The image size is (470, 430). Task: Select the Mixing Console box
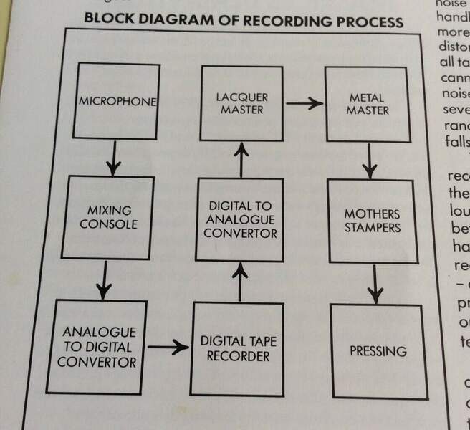click(x=108, y=217)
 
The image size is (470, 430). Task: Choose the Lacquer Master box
click(x=242, y=102)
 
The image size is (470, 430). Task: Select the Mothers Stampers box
click(x=371, y=221)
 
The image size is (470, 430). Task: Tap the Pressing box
click(x=378, y=351)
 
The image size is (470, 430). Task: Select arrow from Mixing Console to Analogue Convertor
click(x=105, y=280)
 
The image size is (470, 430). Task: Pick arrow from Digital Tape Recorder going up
click(x=241, y=280)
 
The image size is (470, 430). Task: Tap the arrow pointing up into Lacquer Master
click(x=241, y=158)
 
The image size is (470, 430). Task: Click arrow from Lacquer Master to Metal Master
click(x=304, y=103)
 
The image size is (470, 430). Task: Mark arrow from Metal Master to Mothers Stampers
click(x=369, y=161)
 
